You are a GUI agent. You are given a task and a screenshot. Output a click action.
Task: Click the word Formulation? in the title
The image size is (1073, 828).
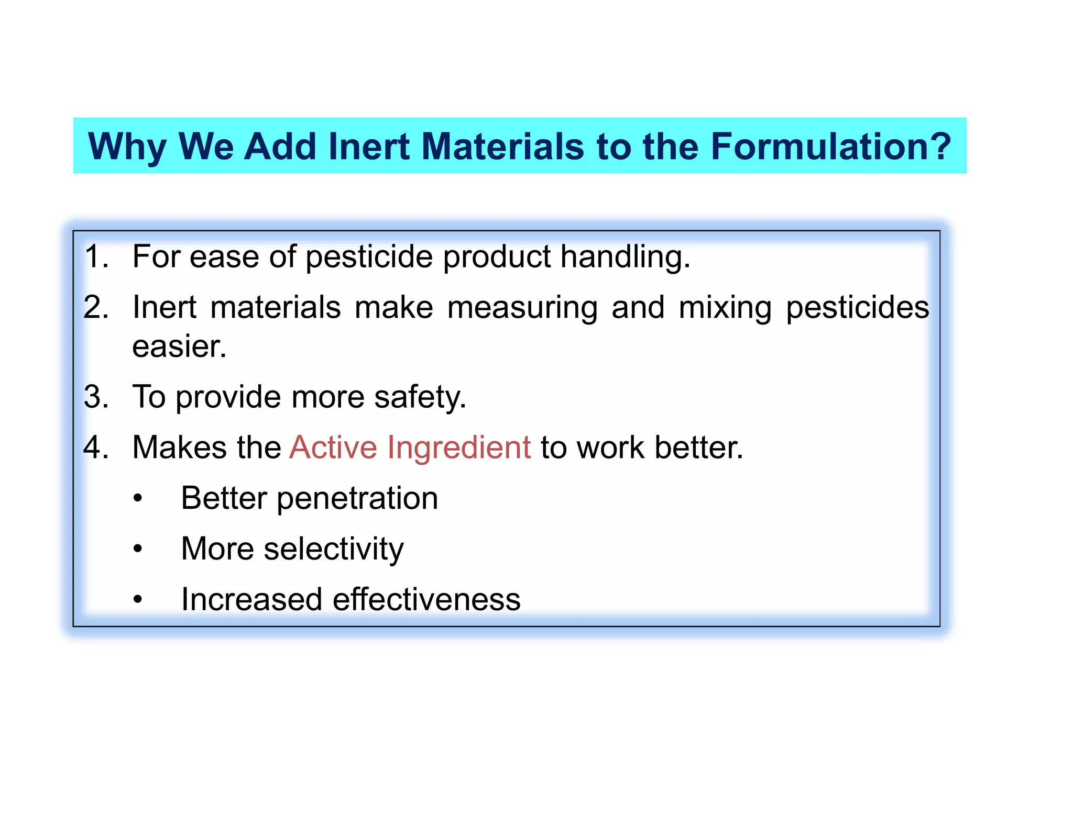tap(830, 147)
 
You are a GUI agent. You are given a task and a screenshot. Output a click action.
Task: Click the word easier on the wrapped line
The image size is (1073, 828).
tap(179, 346)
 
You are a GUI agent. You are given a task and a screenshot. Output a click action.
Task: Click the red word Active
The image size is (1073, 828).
tap(333, 447)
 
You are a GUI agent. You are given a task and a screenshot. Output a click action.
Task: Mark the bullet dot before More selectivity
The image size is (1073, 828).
tap(137, 549)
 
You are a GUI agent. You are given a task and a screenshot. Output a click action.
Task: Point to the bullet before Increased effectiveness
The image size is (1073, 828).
tap(137, 600)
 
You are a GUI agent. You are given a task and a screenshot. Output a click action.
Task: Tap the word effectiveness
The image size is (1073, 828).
tap(426, 599)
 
